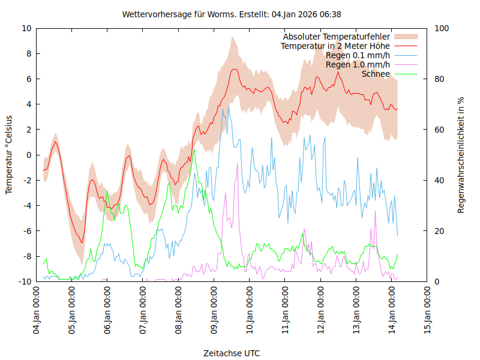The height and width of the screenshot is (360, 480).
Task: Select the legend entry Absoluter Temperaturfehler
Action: click(x=337, y=37)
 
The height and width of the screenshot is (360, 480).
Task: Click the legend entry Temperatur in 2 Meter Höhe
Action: click(x=335, y=46)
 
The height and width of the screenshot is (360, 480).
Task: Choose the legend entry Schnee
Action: click(x=376, y=74)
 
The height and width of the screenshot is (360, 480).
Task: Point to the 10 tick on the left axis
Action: click(x=27, y=28)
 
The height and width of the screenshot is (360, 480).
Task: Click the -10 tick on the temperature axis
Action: click(x=25, y=281)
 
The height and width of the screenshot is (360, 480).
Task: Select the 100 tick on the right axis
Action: click(x=442, y=28)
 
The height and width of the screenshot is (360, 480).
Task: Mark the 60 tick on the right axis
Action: click(x=439, y=130)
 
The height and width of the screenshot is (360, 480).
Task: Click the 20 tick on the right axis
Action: click(x=439, y=231)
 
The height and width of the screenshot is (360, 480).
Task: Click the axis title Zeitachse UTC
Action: click(x=232, y=353)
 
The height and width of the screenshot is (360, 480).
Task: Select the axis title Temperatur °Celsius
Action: click(x=9, y=155)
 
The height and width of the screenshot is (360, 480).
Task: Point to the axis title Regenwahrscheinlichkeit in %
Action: click(x=461, y=155)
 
